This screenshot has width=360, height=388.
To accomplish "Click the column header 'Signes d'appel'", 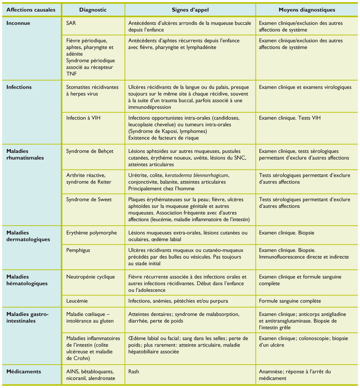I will pyautogui.click(x=190, y=10).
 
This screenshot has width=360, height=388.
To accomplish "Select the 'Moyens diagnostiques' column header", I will pyautogui.click(x=306, y=10).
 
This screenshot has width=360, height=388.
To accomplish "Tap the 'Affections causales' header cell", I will pyautogui.click(x=31, y=10).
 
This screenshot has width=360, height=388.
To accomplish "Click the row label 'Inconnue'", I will pyautogui.click(x=18, y=23).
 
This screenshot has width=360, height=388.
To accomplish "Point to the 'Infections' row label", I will pyautogui.click(x=19, y=87).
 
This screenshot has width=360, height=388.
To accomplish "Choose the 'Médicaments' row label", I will pyautogui.click(x=23, y=372).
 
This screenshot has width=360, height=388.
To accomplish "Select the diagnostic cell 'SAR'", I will pyautogui.click(x=71, y=23).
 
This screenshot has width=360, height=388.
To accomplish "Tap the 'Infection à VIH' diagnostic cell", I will pyautogui.click(x=83, y=118).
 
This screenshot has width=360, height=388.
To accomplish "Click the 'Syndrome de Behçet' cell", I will pyautogui.click(x=90, y=151).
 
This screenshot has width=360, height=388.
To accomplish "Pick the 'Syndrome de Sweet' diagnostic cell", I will pyautogui.click(x=89, y=200).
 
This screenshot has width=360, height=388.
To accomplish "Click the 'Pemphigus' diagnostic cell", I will pyautogui.click(x=78, y=250).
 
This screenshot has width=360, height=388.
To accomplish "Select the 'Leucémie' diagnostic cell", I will pyautogui.click(x=77, y=301).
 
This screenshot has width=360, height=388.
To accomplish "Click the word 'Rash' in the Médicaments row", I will pyautogui.click(x=134, y=372).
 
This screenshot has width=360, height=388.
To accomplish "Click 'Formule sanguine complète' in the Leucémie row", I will pyautogui.click(x=290, y=301).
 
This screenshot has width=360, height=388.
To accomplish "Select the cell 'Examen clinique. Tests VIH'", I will pyautogui.click(x=289, y=118).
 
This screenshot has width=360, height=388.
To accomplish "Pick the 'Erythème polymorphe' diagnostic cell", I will pyautogui.click(x=91, y=233).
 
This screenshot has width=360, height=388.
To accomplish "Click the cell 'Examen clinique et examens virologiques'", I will pyautogui.click(x=305, y=87).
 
